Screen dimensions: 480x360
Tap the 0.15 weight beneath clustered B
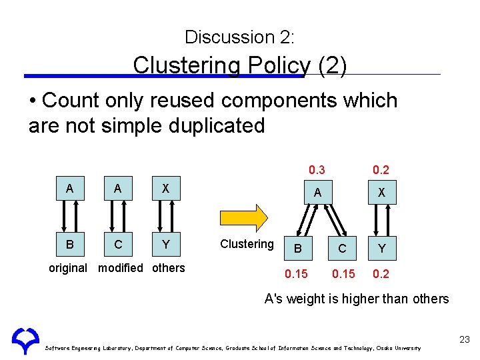296,273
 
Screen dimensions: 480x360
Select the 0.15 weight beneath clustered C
344,273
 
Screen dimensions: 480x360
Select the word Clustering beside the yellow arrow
247,244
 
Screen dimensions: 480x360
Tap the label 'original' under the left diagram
68,268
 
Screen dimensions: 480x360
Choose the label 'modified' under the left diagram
120,268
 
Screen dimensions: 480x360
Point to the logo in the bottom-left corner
25,339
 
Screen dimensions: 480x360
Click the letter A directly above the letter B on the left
69,189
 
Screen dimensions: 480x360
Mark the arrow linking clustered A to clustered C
334,219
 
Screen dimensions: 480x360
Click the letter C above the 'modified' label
118,245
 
